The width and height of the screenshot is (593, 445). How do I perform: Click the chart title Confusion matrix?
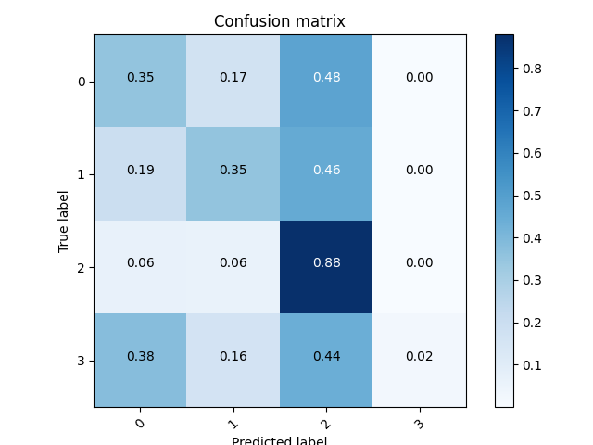click(x=279, y=21)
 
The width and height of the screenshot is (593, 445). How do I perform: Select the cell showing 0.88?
click(x=326, y=262)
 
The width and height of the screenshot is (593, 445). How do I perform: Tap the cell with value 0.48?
click(x=326, y=77)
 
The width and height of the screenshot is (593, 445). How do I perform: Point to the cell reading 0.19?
click(x=140, y=170)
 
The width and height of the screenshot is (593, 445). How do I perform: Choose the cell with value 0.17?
click(x=233, y=77)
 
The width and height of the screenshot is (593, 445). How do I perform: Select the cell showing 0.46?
click(x=326, y=170)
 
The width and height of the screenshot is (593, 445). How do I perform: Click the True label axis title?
click(x=64, y=221)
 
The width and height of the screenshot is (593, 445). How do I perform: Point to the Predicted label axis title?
click(x=279, y=440)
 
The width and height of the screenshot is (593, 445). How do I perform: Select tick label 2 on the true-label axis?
click(x=82, y=268)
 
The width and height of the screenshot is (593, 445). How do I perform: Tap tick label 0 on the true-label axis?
click(x=82, y=83)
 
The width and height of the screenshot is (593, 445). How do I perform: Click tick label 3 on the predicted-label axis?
click(x=418, y=424)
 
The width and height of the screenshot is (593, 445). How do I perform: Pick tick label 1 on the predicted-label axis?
click(x=232, y=424)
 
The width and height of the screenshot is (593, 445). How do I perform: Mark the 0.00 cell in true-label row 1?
click(x=419, y=170)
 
